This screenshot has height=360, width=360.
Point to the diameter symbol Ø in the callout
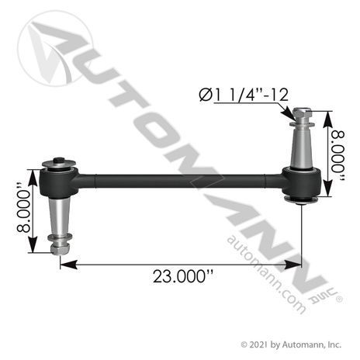206,95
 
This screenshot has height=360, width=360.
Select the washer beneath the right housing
300,203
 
